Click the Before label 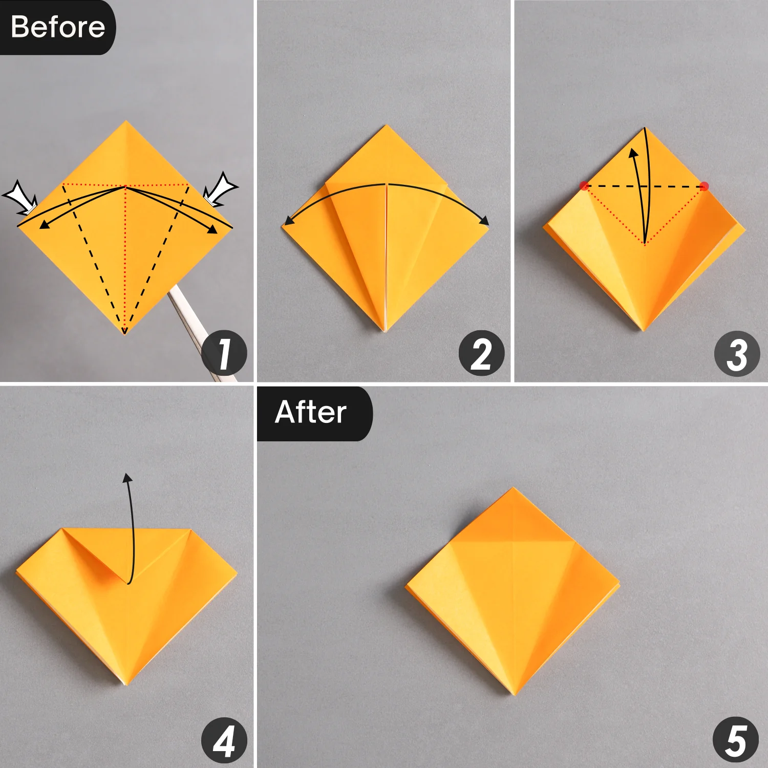pos(57,27)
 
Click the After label pos(314,413)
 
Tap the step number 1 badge pos(224,353)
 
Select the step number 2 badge pos(481,353)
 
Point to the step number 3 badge pos(737,354)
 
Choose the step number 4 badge pos(224,740)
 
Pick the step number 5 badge pos(736,740)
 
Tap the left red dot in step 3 pos(584,185)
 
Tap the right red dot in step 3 pos(705,186)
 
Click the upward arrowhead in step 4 pos(127,478)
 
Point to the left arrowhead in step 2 pos(288,221)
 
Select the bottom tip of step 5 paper pos(513,695)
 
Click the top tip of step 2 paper pos(387,125)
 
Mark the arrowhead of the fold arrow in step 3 pos(633,153)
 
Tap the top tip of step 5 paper pos(513,488)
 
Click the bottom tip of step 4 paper pos(125,684)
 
